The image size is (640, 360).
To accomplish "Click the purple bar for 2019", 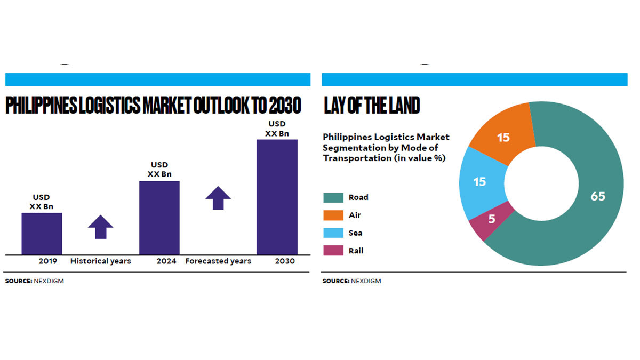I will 42,234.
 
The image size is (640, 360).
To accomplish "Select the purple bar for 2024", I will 159,218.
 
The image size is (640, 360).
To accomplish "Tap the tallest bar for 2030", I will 277,197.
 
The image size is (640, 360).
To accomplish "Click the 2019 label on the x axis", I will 48,261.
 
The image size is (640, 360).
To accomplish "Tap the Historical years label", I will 101,261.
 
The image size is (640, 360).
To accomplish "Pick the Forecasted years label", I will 218,261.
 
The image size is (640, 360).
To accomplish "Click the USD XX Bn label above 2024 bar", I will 159,170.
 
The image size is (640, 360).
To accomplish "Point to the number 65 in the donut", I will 598,196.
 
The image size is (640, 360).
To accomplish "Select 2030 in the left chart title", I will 284,106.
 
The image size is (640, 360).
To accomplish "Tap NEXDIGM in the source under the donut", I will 366,281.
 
